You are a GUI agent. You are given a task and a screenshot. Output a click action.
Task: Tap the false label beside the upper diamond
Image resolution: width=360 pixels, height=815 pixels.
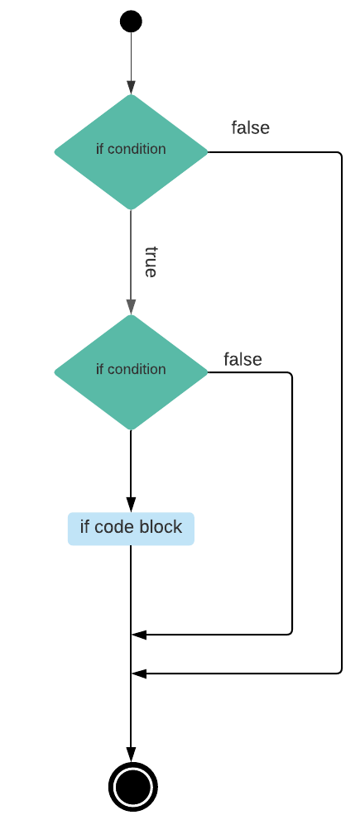tap(250, 127)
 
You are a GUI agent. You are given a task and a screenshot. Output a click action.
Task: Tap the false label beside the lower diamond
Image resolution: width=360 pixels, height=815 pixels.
tap(242, 359)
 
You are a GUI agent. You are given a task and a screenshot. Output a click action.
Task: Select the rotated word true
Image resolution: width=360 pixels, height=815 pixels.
tap(151, 261)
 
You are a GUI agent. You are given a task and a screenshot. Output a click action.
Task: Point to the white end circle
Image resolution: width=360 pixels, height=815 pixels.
tap(133, 787)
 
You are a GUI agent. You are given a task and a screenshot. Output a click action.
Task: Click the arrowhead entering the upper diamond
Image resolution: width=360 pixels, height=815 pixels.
tap(131, 88)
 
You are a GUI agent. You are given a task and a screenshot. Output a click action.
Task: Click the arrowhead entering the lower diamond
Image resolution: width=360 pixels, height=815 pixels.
tap(131, 307)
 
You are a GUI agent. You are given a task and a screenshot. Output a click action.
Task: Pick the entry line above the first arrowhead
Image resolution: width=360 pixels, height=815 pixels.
tap(131, 54)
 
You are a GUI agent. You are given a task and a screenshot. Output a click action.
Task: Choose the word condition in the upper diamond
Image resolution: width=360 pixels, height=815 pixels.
tap(137, 149)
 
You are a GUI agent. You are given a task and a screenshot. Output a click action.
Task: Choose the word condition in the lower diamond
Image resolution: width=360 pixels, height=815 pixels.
tap(137, 369)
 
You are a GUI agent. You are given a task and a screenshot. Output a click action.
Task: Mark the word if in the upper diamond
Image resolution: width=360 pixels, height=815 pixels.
tap(99, 149)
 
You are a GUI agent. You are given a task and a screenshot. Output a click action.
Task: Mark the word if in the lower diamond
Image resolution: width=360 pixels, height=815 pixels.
tap(99, 369)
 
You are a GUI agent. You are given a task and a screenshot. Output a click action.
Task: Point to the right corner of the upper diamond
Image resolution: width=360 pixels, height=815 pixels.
tap(205, 151)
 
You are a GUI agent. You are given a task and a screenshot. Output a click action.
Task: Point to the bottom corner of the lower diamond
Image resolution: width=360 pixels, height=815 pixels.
tap(131, 428)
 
